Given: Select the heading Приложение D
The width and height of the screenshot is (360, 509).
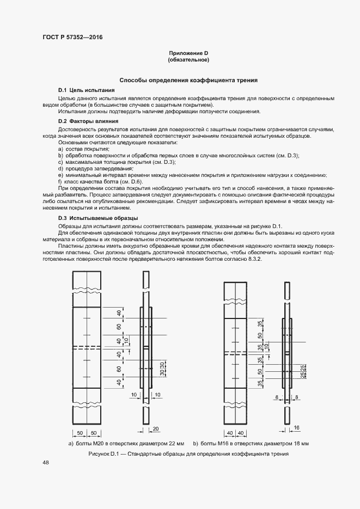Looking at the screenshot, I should point(188,53).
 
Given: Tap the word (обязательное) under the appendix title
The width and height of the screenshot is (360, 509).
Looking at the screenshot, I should point(188,59).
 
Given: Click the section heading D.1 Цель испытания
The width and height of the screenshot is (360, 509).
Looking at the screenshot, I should point(86,89).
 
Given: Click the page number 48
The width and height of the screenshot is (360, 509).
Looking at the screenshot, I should point(45,462).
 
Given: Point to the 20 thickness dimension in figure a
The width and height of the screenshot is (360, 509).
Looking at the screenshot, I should point(155,428).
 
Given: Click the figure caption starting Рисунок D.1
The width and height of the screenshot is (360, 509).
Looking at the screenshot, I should point(188,453).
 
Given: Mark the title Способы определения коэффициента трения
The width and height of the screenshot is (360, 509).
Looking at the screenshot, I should point(188,80).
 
